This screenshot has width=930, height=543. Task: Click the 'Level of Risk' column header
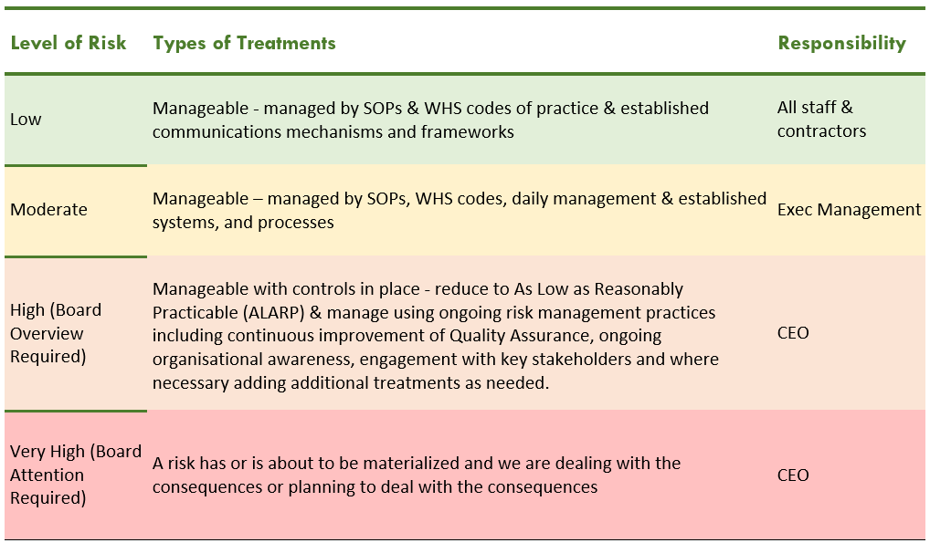(69, 43)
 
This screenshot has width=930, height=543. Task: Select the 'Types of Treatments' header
(244, 43)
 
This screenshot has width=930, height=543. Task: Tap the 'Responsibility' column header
(841, 43)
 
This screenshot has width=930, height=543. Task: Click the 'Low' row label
(26, 120)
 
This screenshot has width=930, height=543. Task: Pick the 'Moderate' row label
(48, 209)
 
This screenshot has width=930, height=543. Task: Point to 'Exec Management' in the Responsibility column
(850, 209)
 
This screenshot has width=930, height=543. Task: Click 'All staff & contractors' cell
(821, 120)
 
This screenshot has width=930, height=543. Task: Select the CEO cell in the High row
(793, 332)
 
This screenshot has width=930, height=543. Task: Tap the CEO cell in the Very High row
(793, 475)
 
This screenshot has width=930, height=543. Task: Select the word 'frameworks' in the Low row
(468, 131)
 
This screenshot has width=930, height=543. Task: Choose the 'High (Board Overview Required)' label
(56, 333)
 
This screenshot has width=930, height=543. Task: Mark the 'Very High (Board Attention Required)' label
(76, 475)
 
